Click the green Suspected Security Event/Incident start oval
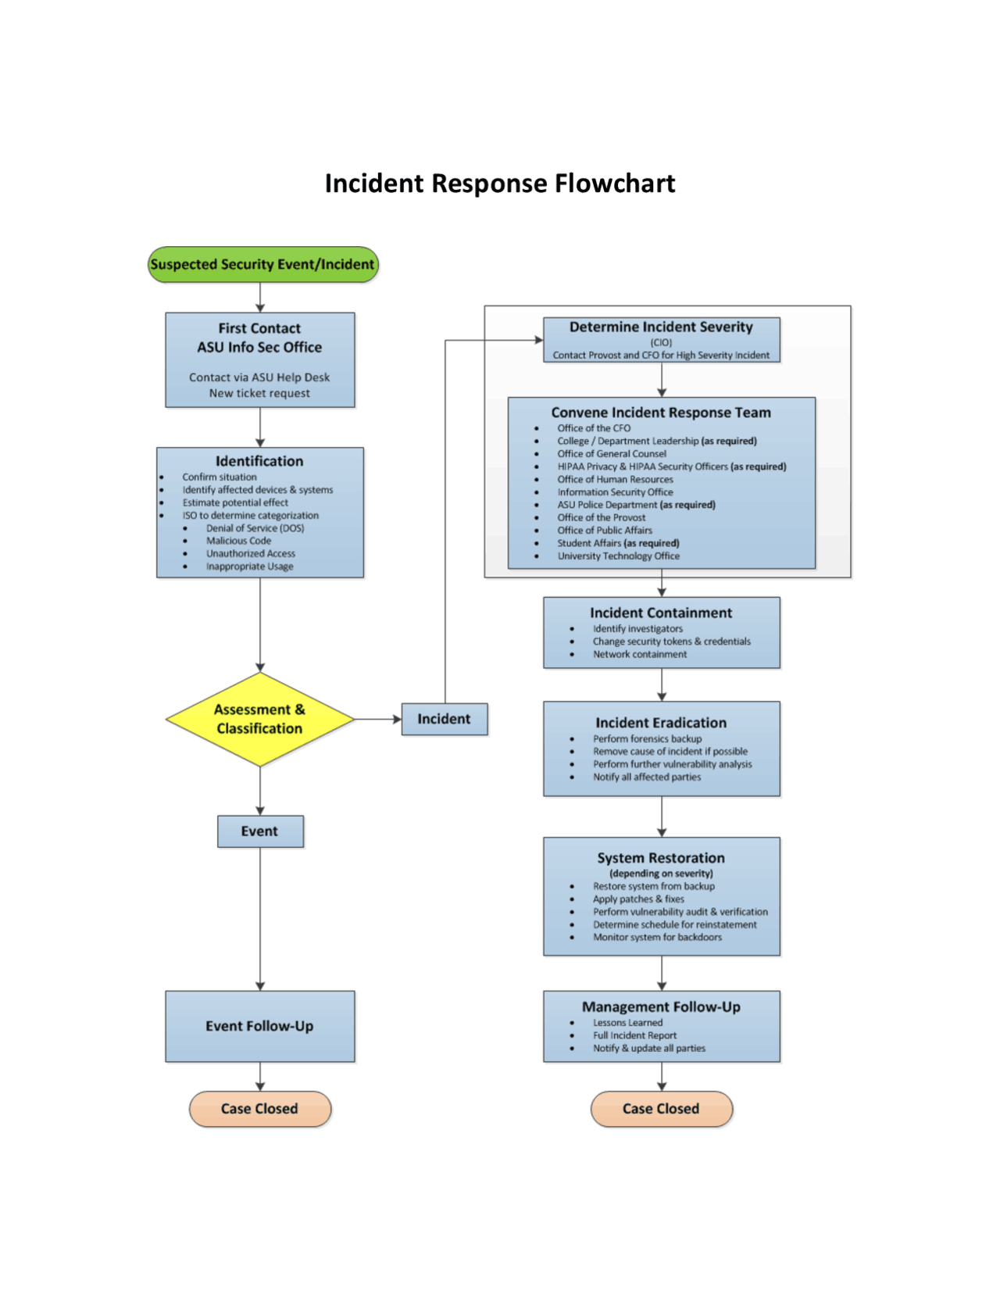(x=262, y=265)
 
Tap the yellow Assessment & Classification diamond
(x=260, y=719)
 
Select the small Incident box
(x=444, y=719)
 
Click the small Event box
(x=260, y=831)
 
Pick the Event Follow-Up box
(x=260, y=1026)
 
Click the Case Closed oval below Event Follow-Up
(x=260, y=1109)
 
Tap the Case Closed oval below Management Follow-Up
(x=661, y=1109)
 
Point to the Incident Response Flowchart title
(x=500, y=184)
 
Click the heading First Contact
(x=259, y=329)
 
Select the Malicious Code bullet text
(x=238, y=541)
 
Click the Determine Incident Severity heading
(x=661, y=327)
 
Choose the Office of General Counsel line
(x=612, y=454)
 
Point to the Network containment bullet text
(x=640, y=655)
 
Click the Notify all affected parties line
(x=647, y=777)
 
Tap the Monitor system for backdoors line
(x=657, y=938)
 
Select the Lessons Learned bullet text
(x=627, y=1023)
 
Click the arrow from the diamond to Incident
(x=378, y=719)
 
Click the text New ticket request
(x=259, y=394)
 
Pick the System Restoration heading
(x=661, y=858)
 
